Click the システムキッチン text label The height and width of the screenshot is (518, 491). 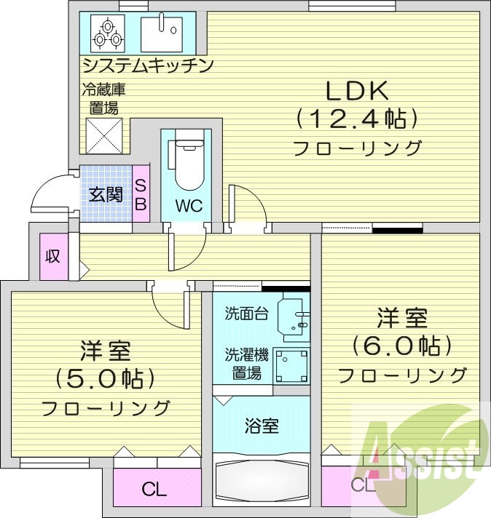(x=147, y=65)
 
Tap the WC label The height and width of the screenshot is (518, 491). (x=187, y=204)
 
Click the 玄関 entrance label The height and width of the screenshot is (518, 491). (x=106, y=195)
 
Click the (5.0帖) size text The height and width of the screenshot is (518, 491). (x=106, y=379)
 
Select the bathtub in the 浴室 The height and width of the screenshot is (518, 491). (x=261, y=480)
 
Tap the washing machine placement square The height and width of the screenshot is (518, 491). (x=291, y=365)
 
